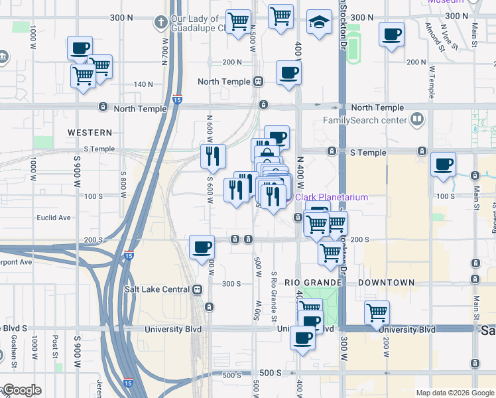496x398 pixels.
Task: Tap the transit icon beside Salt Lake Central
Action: click(x=197, y=289)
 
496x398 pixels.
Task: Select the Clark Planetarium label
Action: click(x=322, y=197)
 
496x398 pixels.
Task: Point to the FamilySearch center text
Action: click(x=364, y=120)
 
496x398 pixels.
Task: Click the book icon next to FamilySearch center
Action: click(x=416, y=120)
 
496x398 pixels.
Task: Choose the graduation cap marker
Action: click(x=319, y=21)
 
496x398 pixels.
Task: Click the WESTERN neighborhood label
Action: click(x=90, y=133)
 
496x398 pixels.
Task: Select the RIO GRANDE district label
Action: click(x=312, y=282)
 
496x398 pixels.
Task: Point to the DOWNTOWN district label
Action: click(x=387, y=282)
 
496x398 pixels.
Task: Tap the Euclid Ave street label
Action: click(x=54, y=218)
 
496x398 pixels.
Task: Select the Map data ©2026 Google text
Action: click(x=454, y=393)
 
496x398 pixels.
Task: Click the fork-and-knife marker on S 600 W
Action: click(x=213, y=157)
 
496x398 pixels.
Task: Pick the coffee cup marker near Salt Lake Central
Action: click(x=202, y=247)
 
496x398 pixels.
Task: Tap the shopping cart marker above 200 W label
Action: click(x=377, y=312)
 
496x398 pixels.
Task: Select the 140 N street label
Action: click(x=143, y=84)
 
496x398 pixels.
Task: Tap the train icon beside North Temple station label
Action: click(x=257, y=82)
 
